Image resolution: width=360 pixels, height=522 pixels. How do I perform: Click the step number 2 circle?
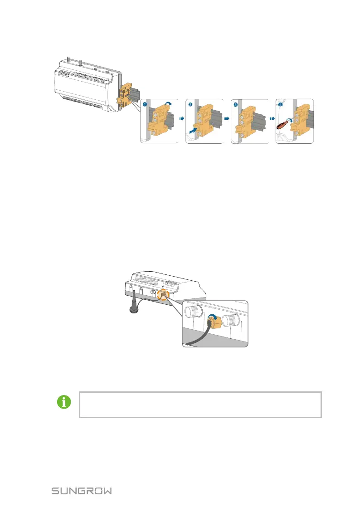190,104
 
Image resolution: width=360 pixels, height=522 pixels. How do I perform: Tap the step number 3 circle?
235,104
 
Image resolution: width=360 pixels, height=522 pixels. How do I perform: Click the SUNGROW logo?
82,491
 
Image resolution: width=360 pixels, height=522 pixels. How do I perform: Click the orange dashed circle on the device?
163,296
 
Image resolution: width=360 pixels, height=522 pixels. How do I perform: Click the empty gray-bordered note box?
200,405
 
